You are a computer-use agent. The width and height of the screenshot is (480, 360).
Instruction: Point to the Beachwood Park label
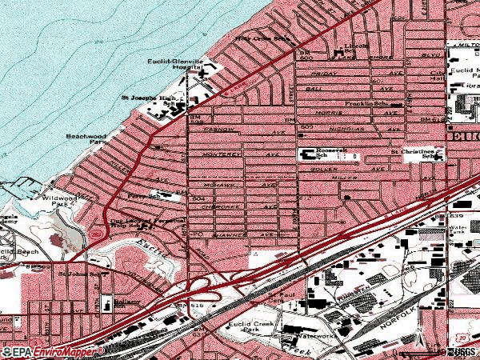(x=86, y=141)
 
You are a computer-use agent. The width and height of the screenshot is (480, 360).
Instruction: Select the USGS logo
(x=462, y=351)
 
